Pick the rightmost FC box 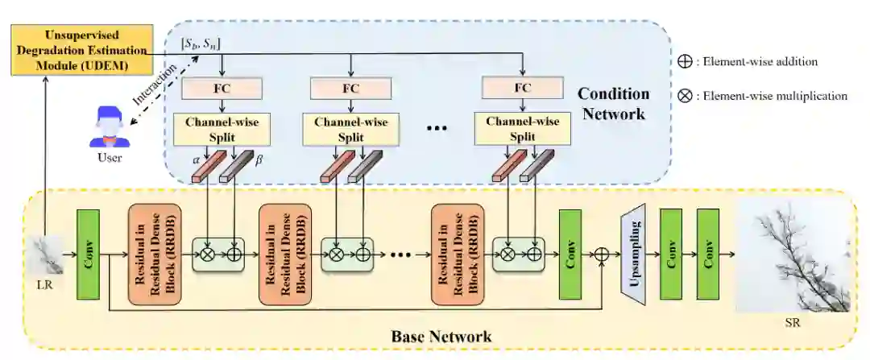click(x=522, y=89)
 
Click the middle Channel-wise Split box click(x=350, y=129)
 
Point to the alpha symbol click(x=195, y=159)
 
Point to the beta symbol click(x=259, y=159)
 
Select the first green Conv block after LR click(x=88, y=254)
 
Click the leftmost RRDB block click(x=155, y=254)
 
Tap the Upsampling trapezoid click(x=633, y=254)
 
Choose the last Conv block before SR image click(x=707, y=254)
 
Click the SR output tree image click(x=793, y=255)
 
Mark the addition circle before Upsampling click(x=602, y=254)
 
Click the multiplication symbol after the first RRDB click(x=207, y=254)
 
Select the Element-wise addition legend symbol click(x=686, y=61)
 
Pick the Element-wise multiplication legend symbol click(x=686, y=95)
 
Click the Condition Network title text click(x=613, y=103)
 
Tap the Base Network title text click(x=441, y=337)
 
